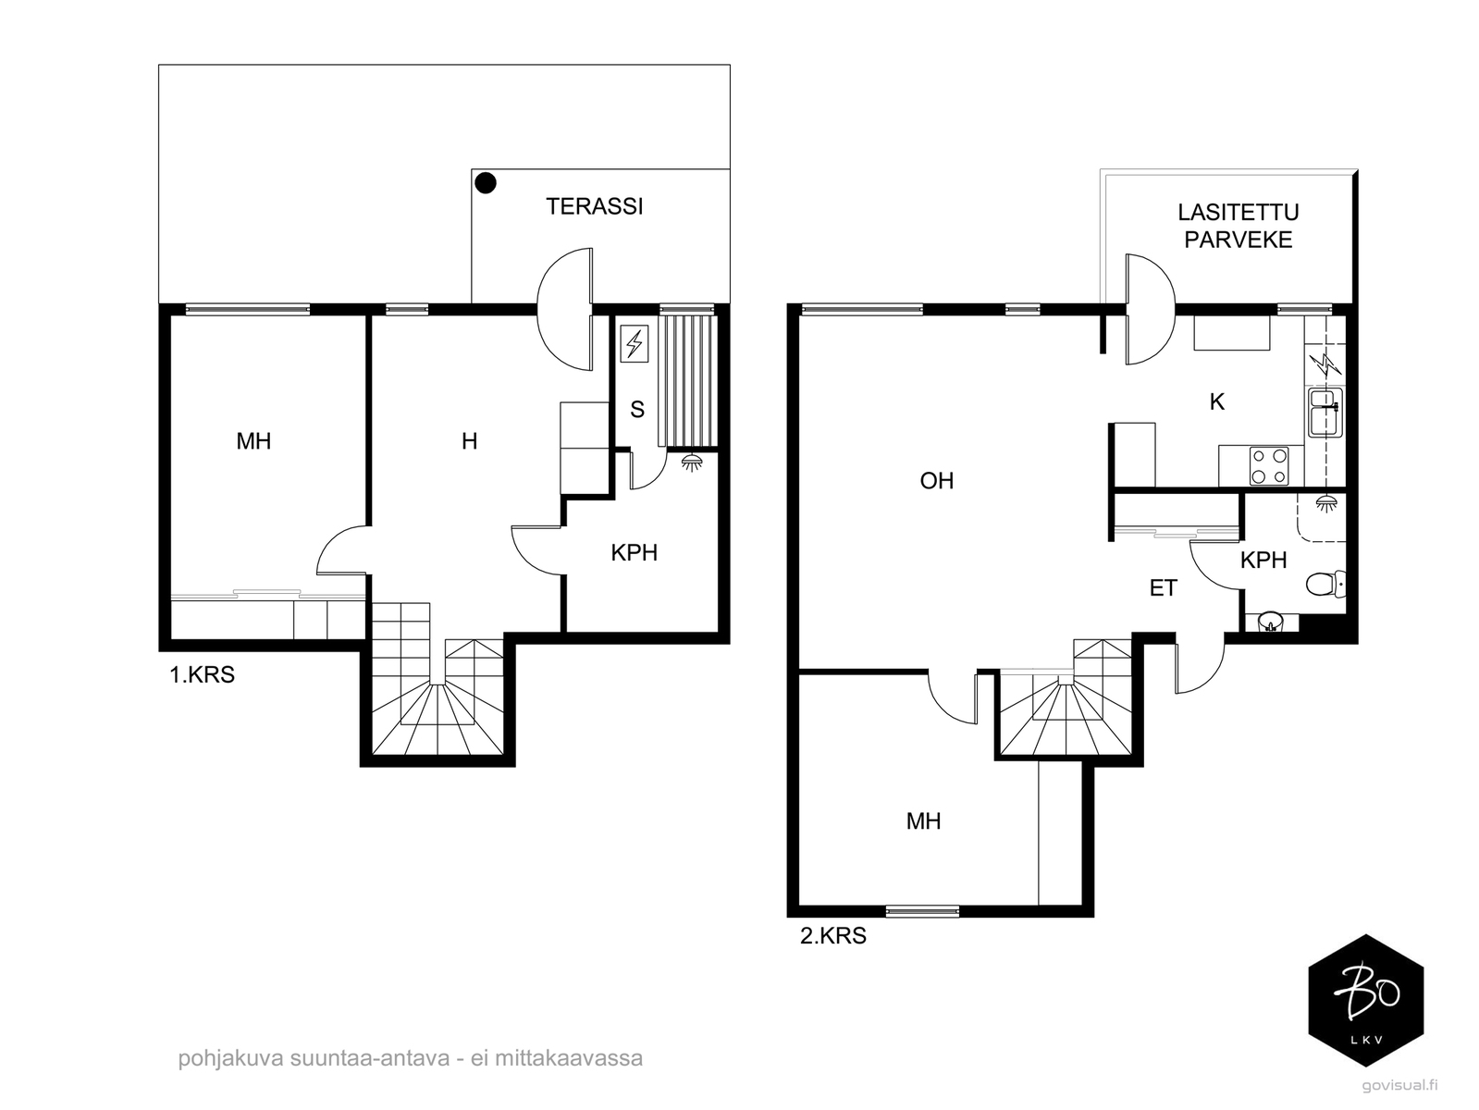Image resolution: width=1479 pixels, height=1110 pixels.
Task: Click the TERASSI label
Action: (594, 206)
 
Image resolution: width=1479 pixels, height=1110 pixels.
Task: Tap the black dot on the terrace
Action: (486, 182)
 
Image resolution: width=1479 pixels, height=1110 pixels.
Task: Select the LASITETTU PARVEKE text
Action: (1238, 226)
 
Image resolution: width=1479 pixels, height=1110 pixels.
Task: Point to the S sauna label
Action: (636, 409)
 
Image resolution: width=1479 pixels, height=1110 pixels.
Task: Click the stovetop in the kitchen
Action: (1269, 465)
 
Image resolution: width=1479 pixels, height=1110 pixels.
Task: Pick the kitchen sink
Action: (1325, 412)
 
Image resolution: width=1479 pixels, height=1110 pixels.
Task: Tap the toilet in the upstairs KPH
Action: (1325, 584)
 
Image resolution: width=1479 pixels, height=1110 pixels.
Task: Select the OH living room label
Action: (937, 480)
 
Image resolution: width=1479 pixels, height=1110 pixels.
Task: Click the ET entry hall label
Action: (1163, 588)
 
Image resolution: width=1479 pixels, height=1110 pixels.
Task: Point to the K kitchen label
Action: (1216, 402)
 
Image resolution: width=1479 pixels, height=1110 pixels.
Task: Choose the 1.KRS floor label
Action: (203, 674)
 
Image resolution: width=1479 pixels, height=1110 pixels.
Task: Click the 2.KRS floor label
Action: (832, 935)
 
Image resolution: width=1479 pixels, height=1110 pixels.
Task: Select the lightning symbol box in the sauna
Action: (634, 343)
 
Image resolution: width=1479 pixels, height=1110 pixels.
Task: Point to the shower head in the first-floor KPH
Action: (691, 462)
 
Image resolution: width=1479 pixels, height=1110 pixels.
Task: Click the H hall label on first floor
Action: (469, 441)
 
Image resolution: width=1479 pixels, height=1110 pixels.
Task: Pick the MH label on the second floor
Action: (923, 821)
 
